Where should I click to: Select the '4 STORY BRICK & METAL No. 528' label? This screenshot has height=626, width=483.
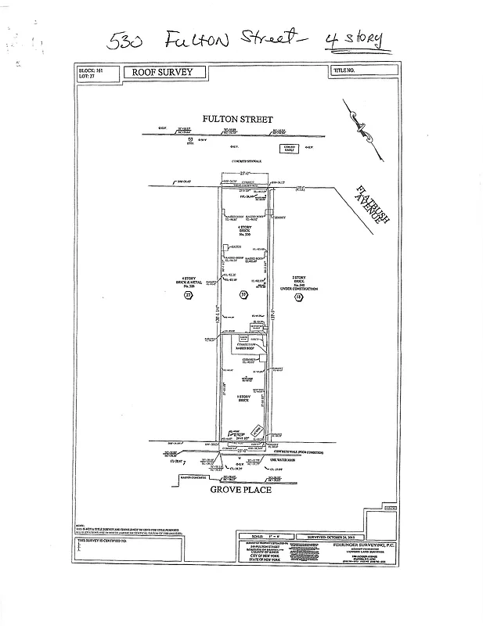[187, 282]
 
